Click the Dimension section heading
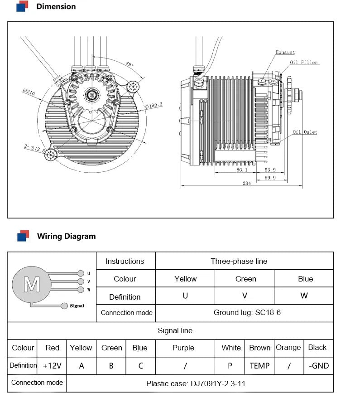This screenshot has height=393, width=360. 56,6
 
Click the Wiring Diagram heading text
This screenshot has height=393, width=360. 66,236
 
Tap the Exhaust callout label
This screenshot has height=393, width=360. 285,53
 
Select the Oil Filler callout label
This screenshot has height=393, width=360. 304,63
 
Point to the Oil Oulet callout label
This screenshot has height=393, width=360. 304,132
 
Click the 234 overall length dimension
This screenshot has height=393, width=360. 246,184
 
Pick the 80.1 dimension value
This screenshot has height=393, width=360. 242,170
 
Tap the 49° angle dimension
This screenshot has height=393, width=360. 130,65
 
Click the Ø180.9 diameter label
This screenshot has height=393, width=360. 154,106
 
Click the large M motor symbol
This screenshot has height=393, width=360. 32,285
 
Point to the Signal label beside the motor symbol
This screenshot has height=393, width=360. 77,306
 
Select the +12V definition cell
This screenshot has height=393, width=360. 52,366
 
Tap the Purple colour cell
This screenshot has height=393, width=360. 183,348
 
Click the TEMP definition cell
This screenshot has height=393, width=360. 259,366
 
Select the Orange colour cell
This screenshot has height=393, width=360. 288,348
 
